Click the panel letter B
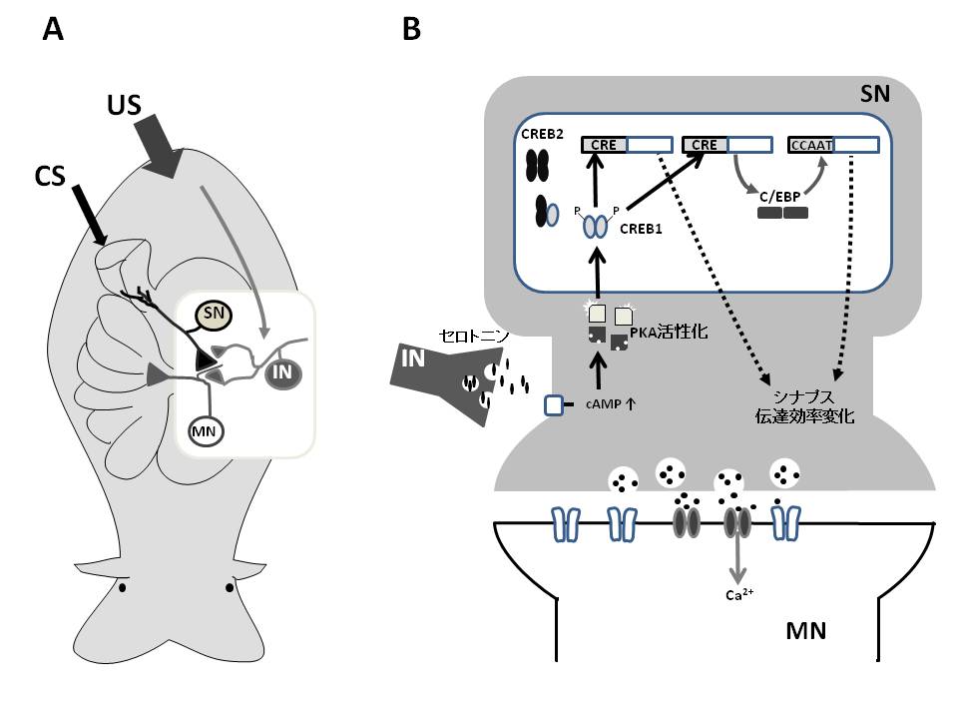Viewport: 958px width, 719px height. pos(411,31)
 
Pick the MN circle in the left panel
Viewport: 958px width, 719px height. pos(207,430)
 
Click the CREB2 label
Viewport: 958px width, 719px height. pos(540,133)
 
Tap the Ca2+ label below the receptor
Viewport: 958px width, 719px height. pos(739,596)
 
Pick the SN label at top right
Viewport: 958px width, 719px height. pos(876,96)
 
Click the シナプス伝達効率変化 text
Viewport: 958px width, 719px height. pos(810,408)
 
